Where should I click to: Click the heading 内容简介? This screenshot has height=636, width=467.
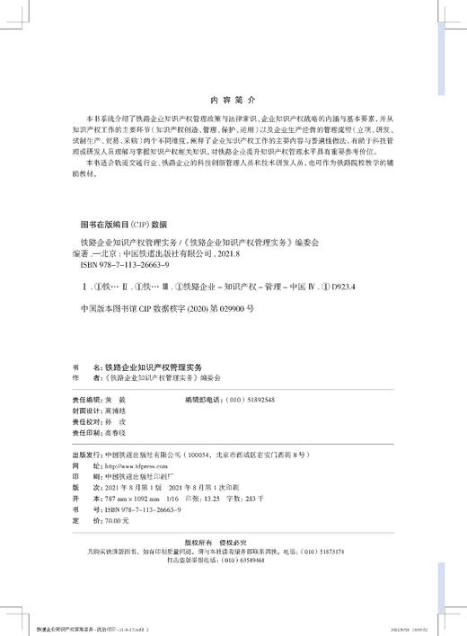(233, 102)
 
